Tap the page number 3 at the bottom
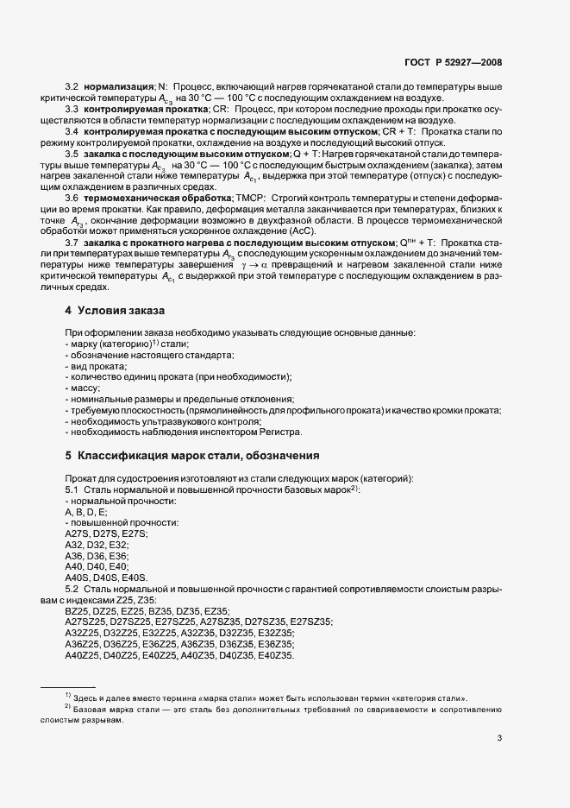(x=500, y=738)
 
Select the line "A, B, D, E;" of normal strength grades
(x=86, y=512)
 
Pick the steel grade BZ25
(x=78, y=610)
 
